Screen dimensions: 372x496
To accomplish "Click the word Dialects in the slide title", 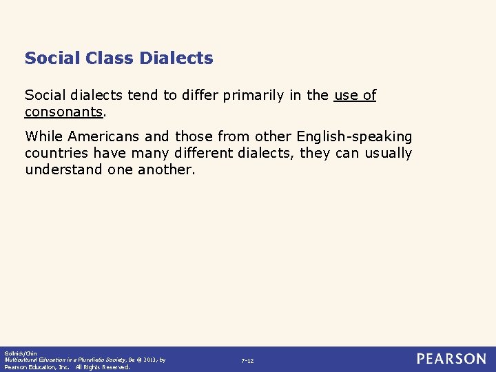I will [x=176, y=59].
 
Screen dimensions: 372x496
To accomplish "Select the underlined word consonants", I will [x=63, y=112].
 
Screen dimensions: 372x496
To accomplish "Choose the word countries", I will [x=56, y=153].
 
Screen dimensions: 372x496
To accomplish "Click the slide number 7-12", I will [x=247, y=361].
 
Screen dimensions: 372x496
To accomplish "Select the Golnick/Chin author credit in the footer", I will [x=19, y=353].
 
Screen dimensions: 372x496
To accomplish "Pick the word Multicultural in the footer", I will [x=21, y=360].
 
